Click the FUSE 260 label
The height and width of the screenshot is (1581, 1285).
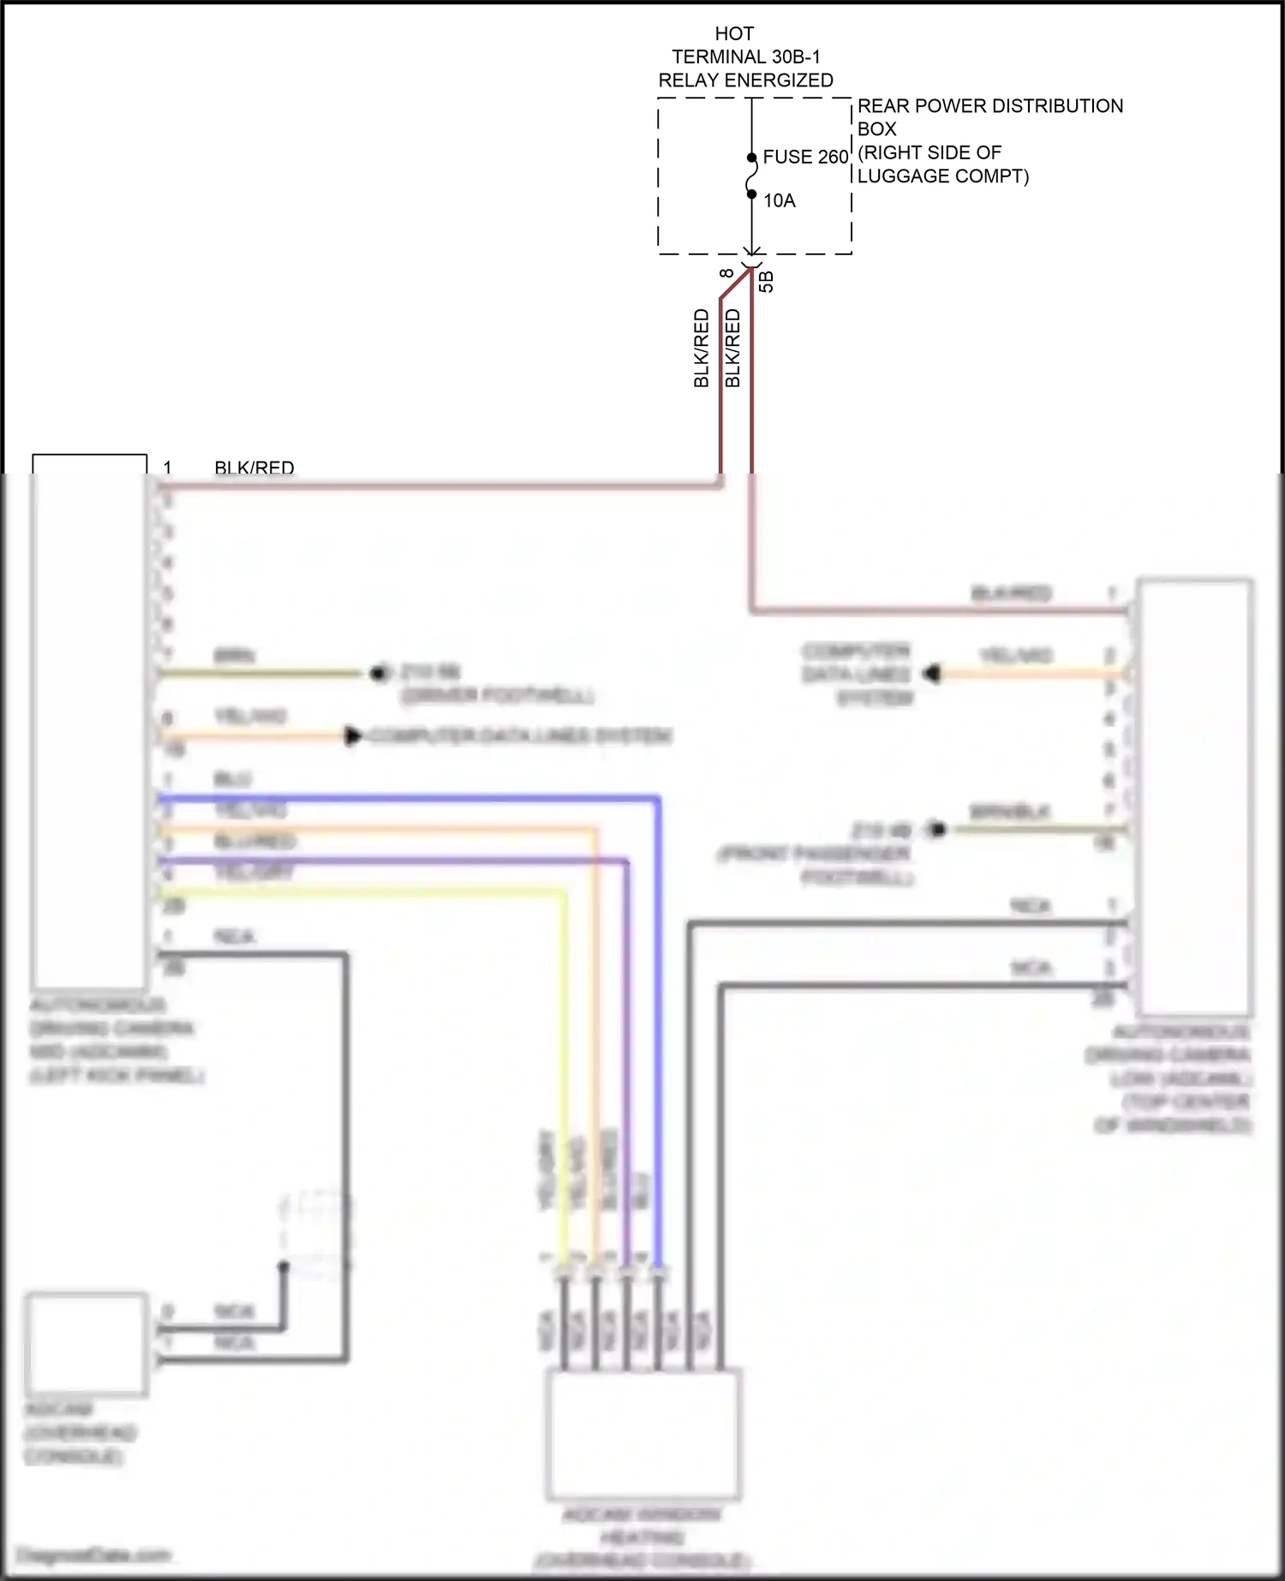[x=804, y=158]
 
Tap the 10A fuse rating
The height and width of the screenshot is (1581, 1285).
[x=780, y=201]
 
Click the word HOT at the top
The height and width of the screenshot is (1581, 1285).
[x=734, y=34]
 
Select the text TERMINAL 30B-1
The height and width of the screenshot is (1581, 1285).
[x=745, y=57]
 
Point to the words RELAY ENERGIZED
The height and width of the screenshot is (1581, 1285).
[x=745, y=81]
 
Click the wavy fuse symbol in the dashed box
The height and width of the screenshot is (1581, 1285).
[x=752, y=176]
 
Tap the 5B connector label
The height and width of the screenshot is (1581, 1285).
[x=767, y=282]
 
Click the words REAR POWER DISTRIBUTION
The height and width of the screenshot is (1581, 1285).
[x=989, y=106]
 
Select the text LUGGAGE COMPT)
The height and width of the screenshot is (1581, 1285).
[x=942, y=176]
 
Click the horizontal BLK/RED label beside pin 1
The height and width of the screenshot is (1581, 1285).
[x=254, y=468]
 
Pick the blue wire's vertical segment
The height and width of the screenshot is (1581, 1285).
[x=658, y=1028]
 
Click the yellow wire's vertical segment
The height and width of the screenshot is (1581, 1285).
[x=563, y=1071]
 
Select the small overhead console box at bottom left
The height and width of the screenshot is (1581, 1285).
[x=86, y=1343]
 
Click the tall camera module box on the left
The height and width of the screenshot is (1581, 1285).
[x=89, y=728]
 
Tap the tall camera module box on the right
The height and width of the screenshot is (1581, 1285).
[x=1195, y=796]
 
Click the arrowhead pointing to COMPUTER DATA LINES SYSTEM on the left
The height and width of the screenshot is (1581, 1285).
[x=352, y=736]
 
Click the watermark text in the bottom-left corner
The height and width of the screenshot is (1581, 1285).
[x=94, y=1555]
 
